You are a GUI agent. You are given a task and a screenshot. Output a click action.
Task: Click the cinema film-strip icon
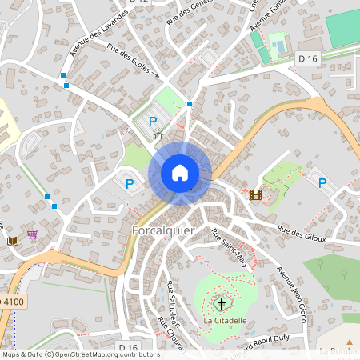(255, 194)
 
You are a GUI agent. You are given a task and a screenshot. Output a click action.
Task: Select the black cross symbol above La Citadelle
(222, 303)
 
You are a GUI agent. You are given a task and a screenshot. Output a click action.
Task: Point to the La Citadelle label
(224, 321)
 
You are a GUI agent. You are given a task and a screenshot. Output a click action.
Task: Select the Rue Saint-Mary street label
(230, 247)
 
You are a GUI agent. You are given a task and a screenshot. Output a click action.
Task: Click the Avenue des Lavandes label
(98, 34)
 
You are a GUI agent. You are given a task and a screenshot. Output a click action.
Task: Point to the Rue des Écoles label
(134, 61)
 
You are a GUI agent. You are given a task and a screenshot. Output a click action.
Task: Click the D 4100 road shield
(12, 302)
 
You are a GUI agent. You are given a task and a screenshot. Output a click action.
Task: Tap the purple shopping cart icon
(32, 235)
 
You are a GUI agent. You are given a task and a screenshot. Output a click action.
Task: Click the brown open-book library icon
(12, 240)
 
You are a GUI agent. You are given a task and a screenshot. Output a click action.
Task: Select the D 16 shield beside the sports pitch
(307, 58)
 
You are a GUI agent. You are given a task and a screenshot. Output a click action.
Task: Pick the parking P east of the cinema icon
(322, 183)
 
